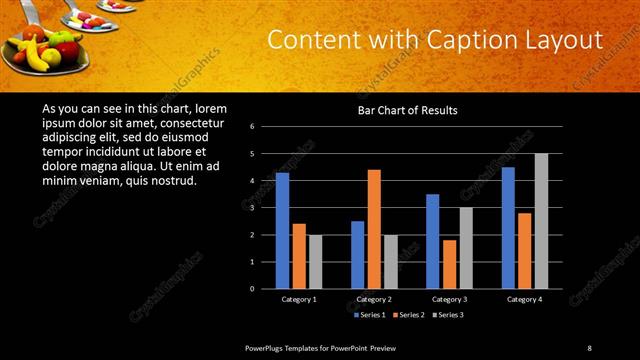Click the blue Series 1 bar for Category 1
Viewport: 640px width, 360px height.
pos(282,230)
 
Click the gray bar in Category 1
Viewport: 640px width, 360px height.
pos(315,261)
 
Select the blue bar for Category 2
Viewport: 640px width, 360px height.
pos(357,254)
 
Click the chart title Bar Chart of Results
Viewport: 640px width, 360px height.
pos(407,110)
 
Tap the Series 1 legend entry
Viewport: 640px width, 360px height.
pos(371,315)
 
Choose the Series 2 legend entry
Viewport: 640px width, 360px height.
pos(410,315)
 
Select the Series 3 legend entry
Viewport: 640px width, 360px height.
pos(449,315)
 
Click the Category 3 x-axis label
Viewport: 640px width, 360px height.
pos(449,299)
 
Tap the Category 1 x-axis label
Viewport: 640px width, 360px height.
pos(298,299)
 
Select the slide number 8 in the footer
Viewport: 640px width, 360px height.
pos(589,347)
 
